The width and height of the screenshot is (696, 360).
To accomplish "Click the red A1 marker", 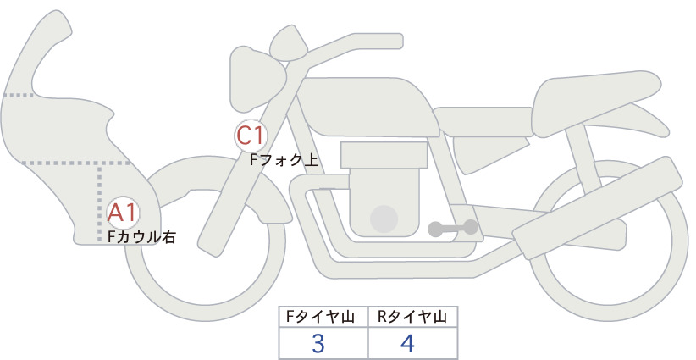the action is (123, 213).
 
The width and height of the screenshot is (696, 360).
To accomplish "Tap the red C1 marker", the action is (251, 136).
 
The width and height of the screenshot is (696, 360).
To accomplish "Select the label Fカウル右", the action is (142, 237).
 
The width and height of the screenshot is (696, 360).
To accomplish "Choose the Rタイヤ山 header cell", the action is (413, 317).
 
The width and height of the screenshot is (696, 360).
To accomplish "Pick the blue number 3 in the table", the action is (318, 344).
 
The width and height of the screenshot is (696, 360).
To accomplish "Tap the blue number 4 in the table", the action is (407, 344).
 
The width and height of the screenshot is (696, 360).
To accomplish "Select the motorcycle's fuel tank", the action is (368, 107).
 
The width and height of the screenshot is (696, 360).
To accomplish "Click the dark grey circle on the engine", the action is (384, 219).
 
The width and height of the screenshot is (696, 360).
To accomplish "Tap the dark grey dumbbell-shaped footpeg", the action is (453, 228).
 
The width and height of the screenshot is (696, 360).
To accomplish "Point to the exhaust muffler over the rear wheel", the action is (597, 208).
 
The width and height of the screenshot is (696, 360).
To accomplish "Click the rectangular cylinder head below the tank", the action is (384, 154).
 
